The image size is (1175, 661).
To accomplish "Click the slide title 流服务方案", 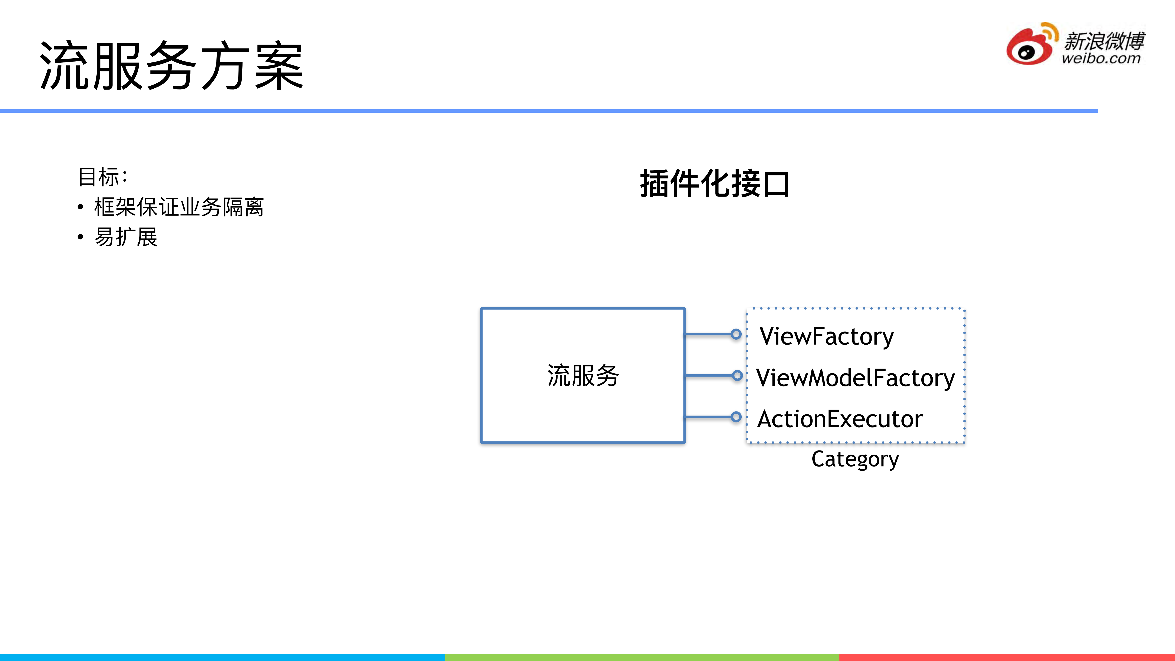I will (171, 65).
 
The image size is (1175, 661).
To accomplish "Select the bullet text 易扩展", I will (126, 237).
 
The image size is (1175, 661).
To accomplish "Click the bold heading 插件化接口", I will (715, 184).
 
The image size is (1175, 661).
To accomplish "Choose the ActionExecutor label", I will (840, 419).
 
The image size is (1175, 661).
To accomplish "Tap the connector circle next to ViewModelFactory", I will (737, 375).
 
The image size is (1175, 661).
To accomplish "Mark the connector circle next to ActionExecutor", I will (736, 416).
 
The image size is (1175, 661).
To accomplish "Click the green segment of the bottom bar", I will (642, 657).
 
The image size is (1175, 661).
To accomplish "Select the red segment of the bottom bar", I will (1007, 657).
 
